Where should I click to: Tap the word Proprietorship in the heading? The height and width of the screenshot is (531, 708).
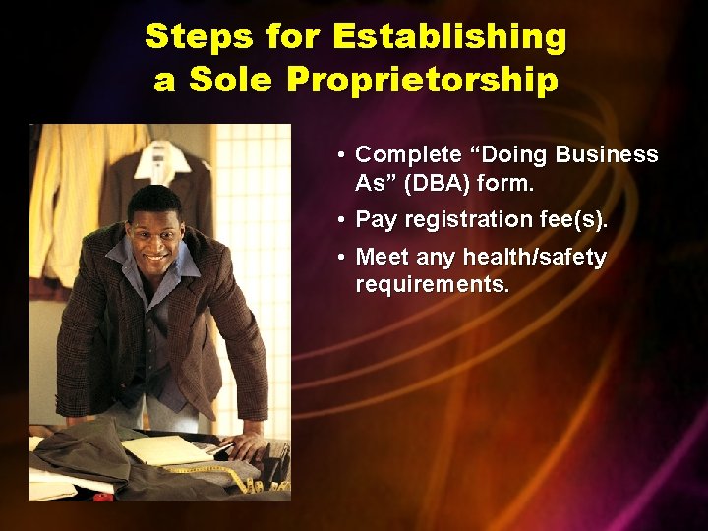click(x=423, y=80)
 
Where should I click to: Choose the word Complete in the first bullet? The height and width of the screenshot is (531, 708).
click(x=407, y=154)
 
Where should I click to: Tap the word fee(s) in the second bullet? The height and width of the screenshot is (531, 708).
click(x=574, y=219)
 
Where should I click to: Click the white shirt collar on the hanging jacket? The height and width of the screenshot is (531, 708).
click(x=162, y=157)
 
